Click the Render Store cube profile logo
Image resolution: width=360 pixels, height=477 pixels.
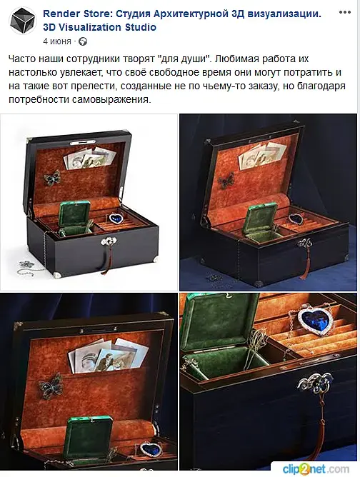23,21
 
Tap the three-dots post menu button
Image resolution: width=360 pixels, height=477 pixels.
344,12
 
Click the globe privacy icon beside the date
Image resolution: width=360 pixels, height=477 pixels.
82,41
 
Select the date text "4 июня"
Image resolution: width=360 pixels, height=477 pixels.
57,41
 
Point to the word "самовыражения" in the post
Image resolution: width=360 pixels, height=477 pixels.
111,99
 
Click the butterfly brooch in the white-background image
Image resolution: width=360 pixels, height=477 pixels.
51,177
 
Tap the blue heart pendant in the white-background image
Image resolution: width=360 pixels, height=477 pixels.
116,218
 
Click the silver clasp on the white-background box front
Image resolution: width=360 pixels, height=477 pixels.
109,241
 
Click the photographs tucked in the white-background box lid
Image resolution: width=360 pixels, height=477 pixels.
90,158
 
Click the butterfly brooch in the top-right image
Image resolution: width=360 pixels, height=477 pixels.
226,180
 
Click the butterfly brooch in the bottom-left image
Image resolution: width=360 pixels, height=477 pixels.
51,386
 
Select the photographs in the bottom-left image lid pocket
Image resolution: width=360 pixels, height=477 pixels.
108,355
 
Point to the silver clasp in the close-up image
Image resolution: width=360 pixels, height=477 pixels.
315,383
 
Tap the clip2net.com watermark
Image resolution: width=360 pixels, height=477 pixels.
316,468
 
